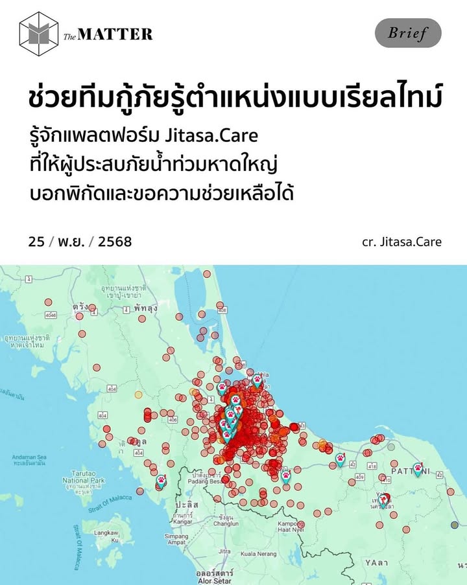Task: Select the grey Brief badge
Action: (x=408, y=33)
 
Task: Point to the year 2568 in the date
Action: (x=114, y=242)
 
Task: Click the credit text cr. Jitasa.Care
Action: (x=401, y=242)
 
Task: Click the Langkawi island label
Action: (x=106, y=535)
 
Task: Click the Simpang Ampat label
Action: (x=176, y=540)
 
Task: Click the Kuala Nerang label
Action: (x=259, y=555)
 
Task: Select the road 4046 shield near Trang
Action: (x=51, y=315)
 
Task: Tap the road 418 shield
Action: (x=372, y=466)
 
